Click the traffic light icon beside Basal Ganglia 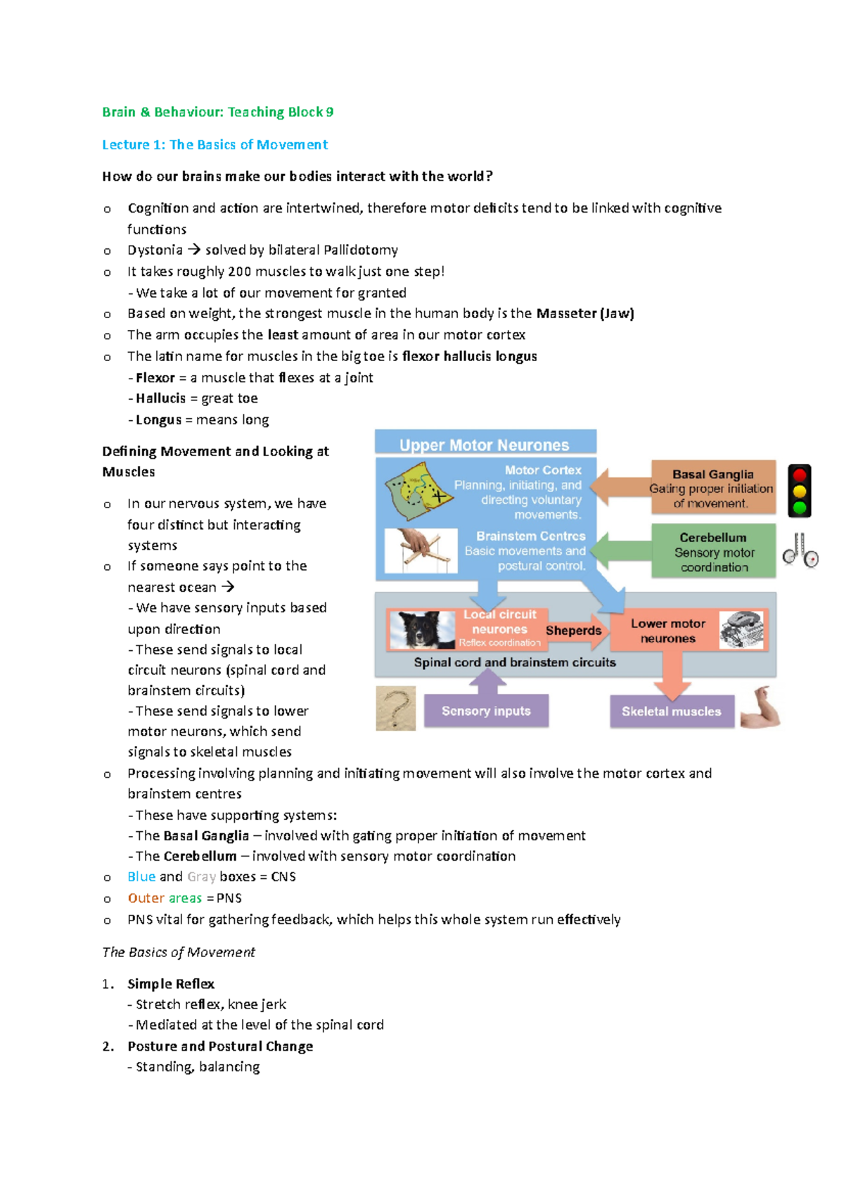799,491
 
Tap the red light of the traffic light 799,475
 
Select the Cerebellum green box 713,551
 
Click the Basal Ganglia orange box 712,488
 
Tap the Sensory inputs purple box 486,711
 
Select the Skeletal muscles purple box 671,712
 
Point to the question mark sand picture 396,709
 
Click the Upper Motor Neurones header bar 485,444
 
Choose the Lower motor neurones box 668,631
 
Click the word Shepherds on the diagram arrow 573,631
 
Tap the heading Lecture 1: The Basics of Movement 215,144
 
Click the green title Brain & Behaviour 217,112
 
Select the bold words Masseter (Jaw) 584,313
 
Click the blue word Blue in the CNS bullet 141,876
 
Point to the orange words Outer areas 165,898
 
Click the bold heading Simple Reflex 171,983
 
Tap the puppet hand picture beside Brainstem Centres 421,551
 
